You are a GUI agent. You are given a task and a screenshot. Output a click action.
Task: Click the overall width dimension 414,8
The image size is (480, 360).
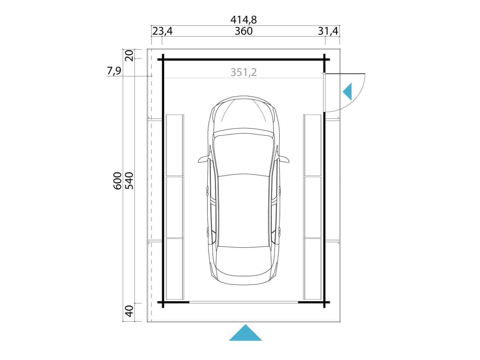click(x=243, y=20)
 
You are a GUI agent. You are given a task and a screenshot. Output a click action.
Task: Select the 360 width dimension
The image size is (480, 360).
click(x=244, y=31)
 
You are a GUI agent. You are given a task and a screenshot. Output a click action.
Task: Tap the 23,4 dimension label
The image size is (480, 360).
click(x=163, y=31)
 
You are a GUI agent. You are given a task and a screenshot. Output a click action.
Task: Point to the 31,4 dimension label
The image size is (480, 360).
click(x=328, y=31)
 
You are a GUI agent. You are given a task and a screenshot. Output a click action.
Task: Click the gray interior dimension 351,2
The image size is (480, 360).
click(x=244, y=72)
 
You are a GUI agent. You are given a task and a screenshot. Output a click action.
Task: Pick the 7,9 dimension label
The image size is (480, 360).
click(x=114, y=71)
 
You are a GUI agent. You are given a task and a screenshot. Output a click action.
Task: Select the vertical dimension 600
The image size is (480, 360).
click(x=118, y=181)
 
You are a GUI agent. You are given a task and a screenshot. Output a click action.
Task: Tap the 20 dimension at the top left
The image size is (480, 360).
click(x=129, y=55)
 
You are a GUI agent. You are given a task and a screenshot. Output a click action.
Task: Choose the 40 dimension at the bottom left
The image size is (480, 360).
click(x=129, y=311)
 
